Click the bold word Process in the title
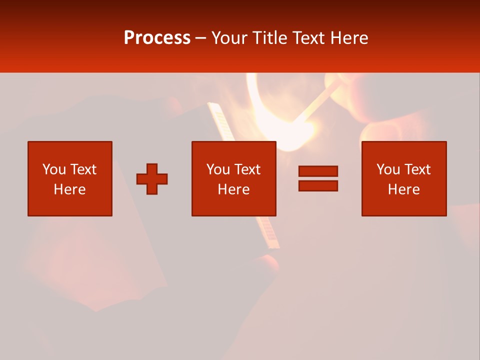click(157, 37)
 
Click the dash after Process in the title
click(200, 38)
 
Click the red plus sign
click(152, 179)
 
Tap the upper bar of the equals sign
click(318, 171)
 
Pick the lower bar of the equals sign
click(318, 185)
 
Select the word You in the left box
click(53, 169)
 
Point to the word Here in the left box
click(69, 189)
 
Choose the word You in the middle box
click(218, 169)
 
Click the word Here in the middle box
click(233, 189)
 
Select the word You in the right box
click(388, 169)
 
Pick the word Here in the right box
click(403, 189)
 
